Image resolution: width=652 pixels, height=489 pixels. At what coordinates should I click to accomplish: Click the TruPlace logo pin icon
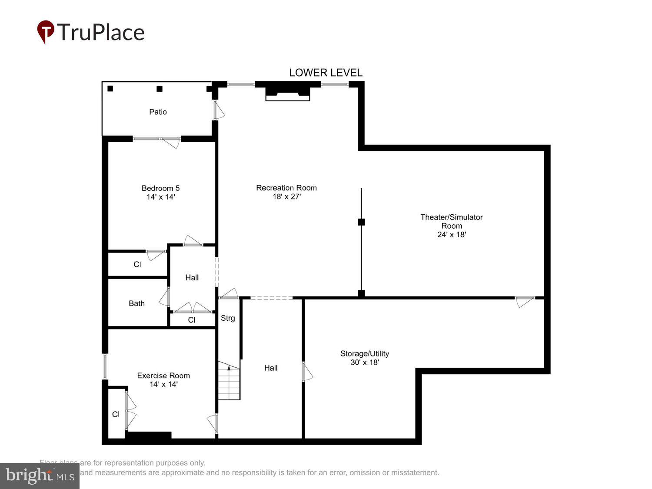click(x=45, y=31)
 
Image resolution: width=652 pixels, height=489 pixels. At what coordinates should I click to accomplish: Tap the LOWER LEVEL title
click(x=326, y=73)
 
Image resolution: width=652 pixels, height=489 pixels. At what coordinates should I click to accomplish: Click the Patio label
click(x=158, y=112)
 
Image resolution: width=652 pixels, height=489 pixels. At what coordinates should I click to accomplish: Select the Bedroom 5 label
click(x=160, y=188)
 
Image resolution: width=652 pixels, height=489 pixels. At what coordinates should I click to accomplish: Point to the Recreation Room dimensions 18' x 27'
click(x=286, y=196)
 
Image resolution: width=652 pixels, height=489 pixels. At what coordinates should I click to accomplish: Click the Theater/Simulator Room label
click(x=452, y=221)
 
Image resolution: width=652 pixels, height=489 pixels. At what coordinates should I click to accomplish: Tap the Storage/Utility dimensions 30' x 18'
click(x=364, y=363)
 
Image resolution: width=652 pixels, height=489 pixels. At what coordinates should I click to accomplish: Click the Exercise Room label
click(x=163, y=376)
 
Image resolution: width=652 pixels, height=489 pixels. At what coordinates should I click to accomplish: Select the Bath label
click(x=136, y=303)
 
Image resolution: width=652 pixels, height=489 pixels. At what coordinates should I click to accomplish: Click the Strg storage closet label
click(x=228, y=318)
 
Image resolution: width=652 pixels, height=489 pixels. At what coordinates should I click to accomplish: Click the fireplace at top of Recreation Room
click(x=287, y=92)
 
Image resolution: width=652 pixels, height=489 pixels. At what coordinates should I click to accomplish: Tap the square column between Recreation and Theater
click(x=361, y=222)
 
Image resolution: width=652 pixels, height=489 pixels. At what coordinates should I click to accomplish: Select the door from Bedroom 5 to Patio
click(x=170, y=141)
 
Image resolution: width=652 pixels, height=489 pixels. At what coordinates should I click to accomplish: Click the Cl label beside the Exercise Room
click(x=116, y=414)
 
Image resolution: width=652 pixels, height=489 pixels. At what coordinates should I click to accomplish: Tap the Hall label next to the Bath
click(x=192, y=277)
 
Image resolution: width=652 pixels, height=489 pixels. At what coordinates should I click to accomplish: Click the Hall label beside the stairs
click(x=271, y=368)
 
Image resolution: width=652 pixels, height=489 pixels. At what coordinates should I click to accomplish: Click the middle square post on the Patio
click(x=160, y=89)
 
